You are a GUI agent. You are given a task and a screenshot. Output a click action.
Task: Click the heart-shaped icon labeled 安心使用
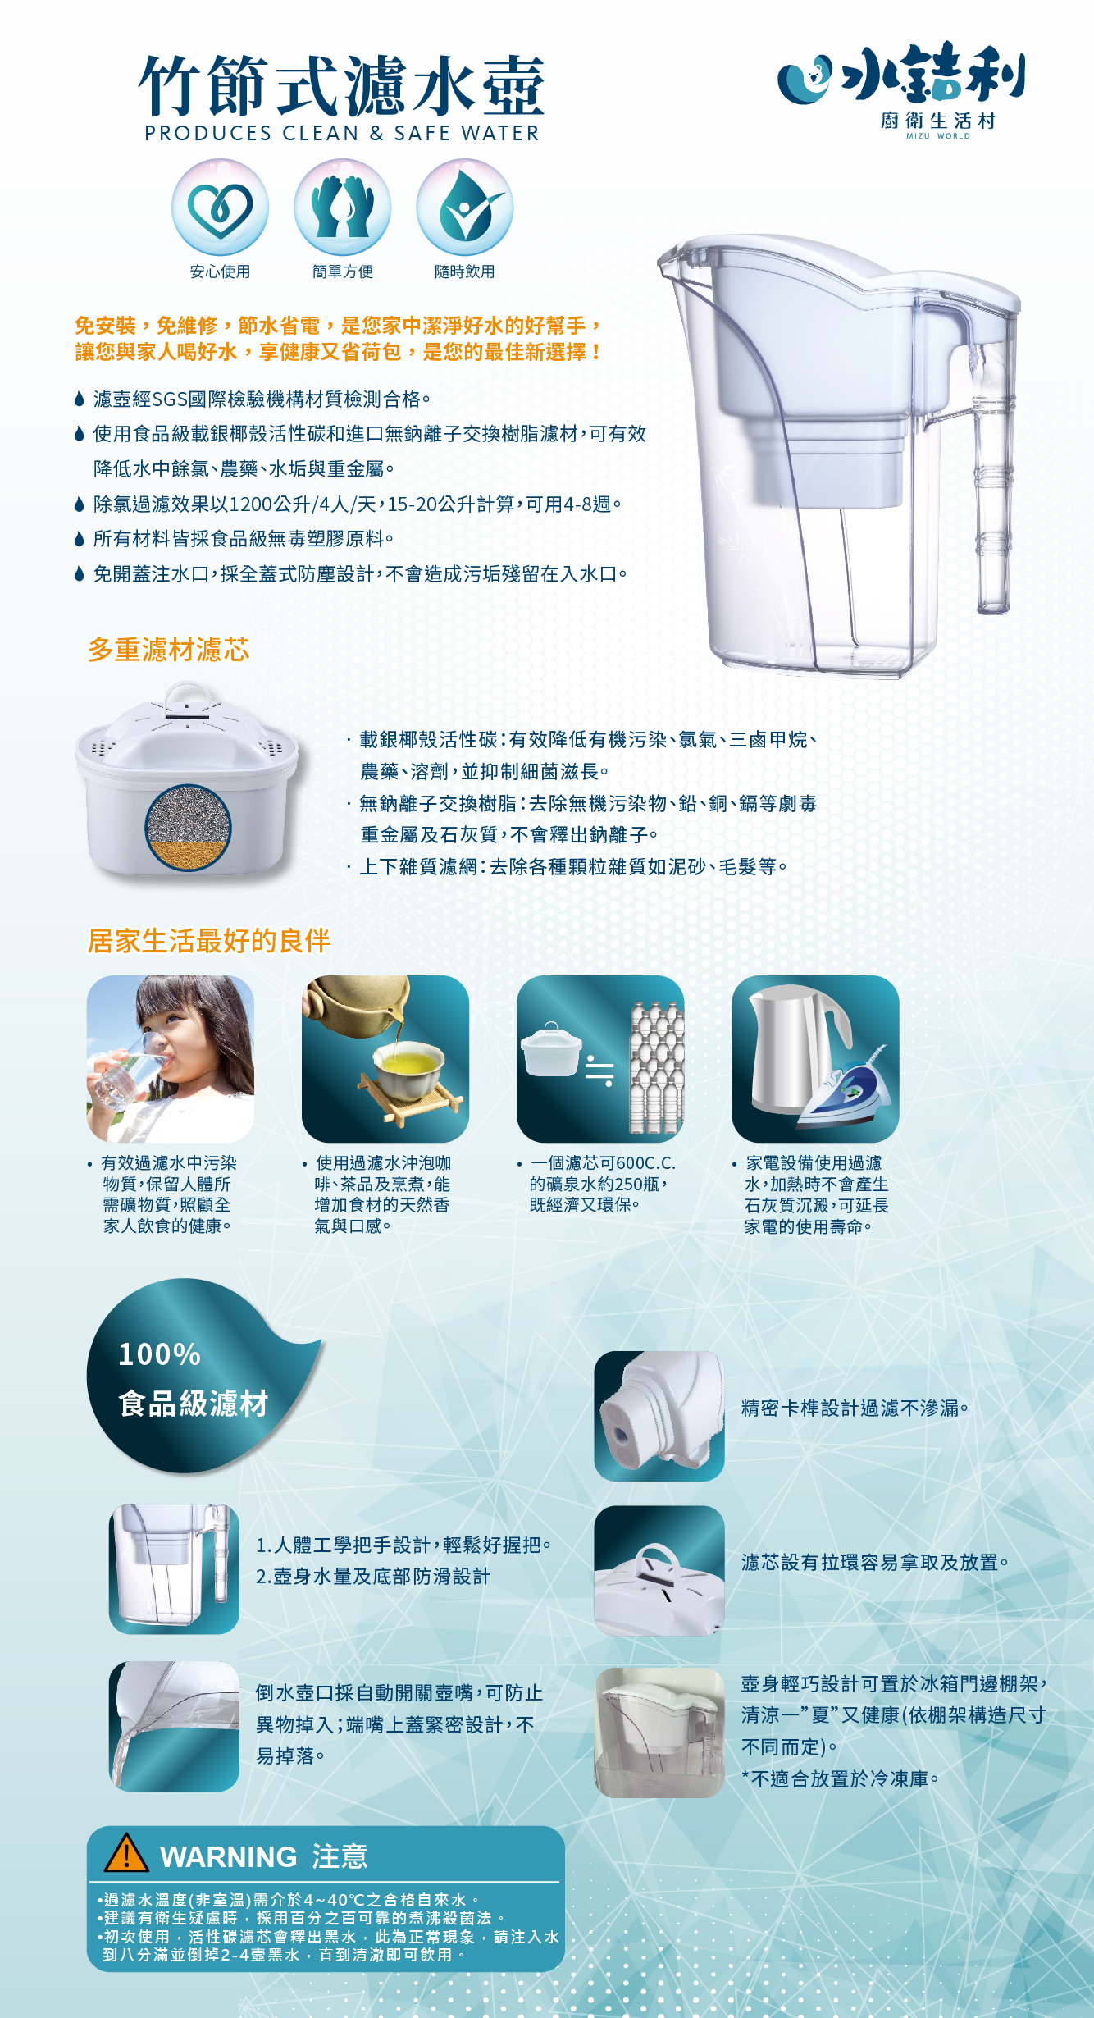(x=220, y=208)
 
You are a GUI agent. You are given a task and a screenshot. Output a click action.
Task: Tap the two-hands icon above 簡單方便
(x=342, y=208)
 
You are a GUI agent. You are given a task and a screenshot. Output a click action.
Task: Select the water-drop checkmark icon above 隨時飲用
(x=464, y=208)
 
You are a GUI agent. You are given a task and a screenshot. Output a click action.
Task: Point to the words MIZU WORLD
(x=937, y=136)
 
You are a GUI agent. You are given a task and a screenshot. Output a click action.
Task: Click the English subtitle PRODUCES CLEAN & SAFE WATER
(x=342, y=134)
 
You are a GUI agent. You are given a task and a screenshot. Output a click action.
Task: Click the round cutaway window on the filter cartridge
(x=188, y=827)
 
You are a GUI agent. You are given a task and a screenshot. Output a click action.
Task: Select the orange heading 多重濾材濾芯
(x=169, y=650)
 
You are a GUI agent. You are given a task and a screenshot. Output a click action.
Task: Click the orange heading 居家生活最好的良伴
(x=209, y=940)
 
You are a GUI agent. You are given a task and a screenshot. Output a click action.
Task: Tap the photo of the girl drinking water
(x=171, y=1058)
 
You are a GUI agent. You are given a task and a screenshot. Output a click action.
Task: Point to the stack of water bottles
(x=656, y=1066)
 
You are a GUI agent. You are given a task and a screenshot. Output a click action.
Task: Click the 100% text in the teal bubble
(x=160, y=1354)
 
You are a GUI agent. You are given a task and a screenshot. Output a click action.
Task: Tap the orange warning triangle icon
(x=126, y=1854)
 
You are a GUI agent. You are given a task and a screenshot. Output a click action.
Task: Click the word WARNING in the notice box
(x=228, y=1857)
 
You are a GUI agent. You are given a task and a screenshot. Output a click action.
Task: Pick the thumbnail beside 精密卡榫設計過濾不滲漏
(x=659, y=1416)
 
